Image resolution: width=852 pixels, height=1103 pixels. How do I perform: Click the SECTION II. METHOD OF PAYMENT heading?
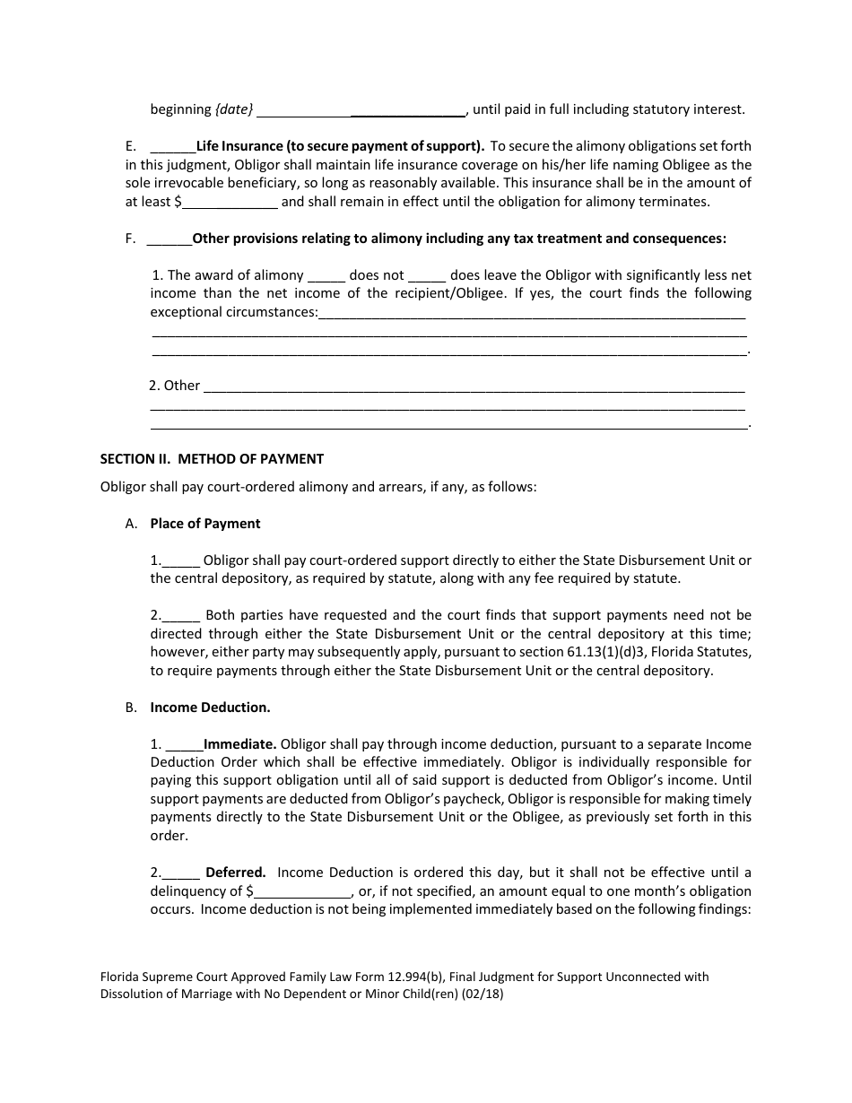click(x=212, y=459)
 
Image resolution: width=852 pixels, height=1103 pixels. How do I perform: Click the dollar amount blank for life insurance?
click(x=230, y=202)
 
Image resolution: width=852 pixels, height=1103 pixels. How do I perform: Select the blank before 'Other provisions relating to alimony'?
click(x=169, y=239)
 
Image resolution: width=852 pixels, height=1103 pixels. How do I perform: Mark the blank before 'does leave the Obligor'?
click(x=427, y=275)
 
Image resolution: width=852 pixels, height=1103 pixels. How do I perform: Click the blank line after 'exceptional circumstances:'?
click(x=532, y=313)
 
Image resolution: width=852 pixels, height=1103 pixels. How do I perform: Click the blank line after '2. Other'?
click(x=474, y=386)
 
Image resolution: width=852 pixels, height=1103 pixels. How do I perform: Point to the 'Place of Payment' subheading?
click(x=205, y=524)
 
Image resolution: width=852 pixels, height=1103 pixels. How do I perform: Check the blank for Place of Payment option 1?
click(x=181, y=560)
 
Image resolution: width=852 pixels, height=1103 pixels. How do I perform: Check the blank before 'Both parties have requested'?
click(x=181, y=616)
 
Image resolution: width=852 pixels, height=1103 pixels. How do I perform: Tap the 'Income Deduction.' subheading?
click(x=210, y=708)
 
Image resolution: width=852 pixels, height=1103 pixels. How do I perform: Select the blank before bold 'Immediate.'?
click(x=184, y=744)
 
